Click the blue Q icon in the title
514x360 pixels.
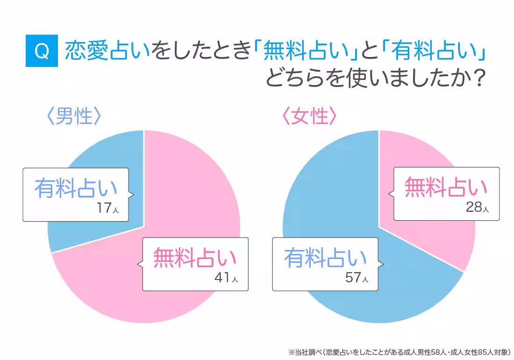tap(42, 50)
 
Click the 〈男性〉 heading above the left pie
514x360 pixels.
tap(74, 116)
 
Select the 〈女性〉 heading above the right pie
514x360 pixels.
tap(309, 116)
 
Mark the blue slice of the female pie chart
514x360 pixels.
tap(327, 187)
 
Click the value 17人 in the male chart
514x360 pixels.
tap(107, 208)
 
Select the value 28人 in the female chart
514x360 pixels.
tap(477, 207)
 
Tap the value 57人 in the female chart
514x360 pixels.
tap(357, 278)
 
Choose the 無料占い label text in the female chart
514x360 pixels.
tap(446, 187)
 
